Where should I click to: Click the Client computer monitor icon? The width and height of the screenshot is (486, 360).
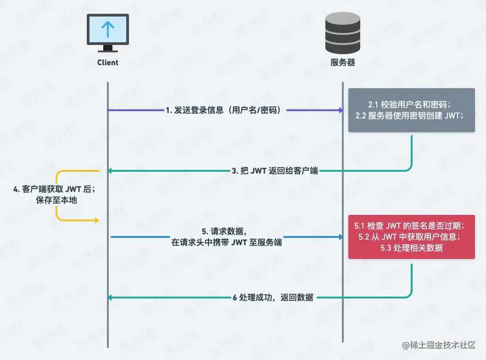pos(108,32)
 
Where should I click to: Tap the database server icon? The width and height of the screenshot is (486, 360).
pos(342,33)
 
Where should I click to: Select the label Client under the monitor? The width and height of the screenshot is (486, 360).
pos(108,62)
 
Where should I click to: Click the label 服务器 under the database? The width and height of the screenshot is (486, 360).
pos(343,62)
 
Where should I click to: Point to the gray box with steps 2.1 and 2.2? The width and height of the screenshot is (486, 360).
pos(411,110)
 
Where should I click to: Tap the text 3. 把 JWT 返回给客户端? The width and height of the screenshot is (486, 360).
pos(274,171)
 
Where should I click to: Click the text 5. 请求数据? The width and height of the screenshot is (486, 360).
pos(227,231)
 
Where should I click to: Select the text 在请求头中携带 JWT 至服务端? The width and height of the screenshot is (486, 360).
pos(227,242)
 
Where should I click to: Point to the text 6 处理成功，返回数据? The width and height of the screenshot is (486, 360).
pos(273,298)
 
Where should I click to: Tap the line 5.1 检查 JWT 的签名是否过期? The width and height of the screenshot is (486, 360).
pos(410,226)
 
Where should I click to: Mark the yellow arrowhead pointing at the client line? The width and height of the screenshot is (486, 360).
pos(96,221)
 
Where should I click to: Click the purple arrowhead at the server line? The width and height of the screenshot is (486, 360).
pos(341,110)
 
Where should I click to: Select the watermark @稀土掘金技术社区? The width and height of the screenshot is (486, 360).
pos(438,345)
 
